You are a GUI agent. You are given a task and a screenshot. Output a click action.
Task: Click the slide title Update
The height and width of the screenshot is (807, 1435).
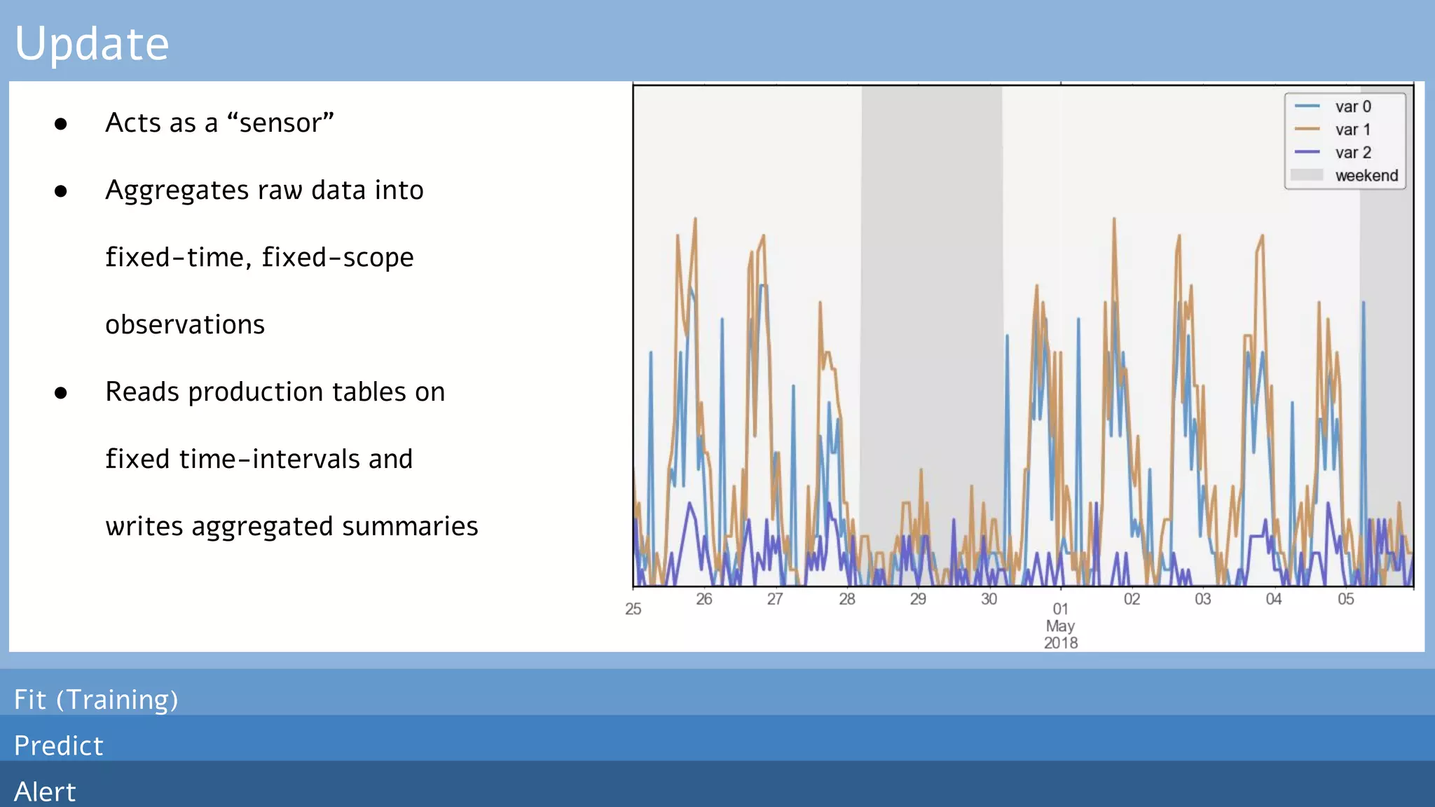pyautogui.click(x=92, y=43)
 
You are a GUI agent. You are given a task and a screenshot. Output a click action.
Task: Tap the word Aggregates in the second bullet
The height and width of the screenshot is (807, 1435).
pyautogui.click(x=177, y=191)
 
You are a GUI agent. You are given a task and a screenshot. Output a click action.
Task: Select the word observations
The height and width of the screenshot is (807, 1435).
pyautogui.click(x=185, y=325)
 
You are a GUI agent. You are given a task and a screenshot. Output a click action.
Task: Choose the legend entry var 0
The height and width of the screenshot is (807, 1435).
pyautogui.click(x=1352, y=106)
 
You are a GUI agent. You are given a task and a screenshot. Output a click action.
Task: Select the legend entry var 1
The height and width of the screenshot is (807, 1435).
pyautogui.click(x=1352, y=130)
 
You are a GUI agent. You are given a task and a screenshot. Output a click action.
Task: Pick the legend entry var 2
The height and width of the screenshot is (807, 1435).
pyautogui.click(x=1352, y=153)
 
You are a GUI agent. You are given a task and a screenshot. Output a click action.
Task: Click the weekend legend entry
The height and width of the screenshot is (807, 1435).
pyautogui.click(x=1366, y=176)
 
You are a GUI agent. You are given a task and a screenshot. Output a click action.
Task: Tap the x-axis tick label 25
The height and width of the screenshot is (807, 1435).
pyautogui.click(x=633, y=609)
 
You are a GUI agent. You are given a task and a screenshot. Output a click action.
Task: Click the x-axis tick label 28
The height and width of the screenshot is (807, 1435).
pyautogui.click(x=846, y=599)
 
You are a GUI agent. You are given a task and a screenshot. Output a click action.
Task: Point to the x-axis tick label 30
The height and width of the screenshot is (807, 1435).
pyautogui.click(x=989, y=599)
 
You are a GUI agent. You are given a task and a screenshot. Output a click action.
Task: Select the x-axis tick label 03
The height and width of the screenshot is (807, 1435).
pyautogui.click(x=1202, y=599)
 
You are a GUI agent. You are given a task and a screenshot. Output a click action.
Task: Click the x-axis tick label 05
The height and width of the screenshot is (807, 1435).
pyautogui.click(x=1345, y=599)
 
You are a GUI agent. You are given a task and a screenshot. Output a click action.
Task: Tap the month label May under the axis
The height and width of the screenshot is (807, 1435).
pyautogui.click(x=1060, y=626)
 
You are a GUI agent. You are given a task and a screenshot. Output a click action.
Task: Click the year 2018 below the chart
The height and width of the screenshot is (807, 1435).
pyautogui.click(x=1060, y=642)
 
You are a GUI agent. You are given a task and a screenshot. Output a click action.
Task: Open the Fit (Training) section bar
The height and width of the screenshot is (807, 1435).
pyautogui.click(x=96, y=700)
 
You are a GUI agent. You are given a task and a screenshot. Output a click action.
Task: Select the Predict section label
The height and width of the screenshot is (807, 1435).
pyautogui.click(x=59, y=746)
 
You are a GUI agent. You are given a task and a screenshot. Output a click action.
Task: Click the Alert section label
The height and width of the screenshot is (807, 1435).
pyautogui.click(x=45, y=792)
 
